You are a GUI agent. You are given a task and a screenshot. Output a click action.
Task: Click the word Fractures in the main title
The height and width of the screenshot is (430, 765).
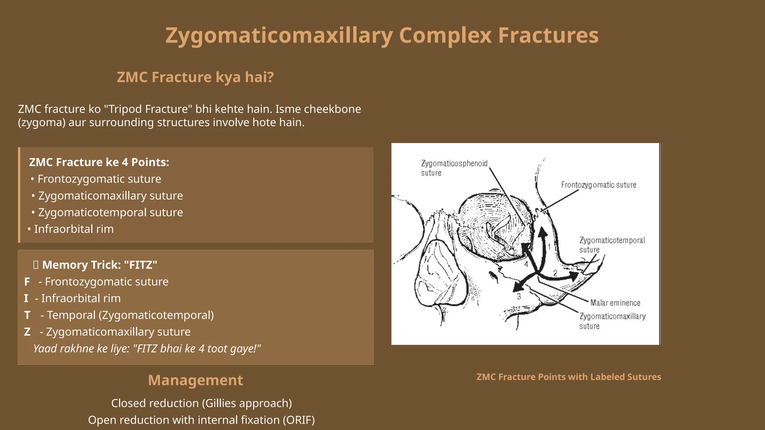click(548, 36)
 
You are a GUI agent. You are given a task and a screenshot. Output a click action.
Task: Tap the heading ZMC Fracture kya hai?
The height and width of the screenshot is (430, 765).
click(195, 77)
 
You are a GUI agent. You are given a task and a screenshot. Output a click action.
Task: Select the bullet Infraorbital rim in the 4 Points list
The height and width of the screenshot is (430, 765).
click(74, 229)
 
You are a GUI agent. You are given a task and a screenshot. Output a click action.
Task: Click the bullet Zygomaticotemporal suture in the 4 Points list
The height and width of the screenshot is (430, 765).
click(110, 212)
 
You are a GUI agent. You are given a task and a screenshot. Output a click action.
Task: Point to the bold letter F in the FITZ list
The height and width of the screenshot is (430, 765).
click(27, 282)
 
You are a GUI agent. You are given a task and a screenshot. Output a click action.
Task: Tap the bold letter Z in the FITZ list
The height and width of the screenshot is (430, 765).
click(27, 332)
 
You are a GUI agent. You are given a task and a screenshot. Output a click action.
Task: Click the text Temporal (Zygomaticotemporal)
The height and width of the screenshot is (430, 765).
click(130, 315)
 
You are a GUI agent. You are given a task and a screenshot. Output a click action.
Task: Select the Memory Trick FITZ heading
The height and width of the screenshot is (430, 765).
click(99, 265)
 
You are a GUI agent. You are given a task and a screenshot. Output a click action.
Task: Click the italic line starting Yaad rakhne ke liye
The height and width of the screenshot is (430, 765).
click(146, 349)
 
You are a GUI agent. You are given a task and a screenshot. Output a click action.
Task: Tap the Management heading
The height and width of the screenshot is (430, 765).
click(195, 380)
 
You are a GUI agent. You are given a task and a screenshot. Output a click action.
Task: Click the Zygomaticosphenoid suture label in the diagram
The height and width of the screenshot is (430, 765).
click(454, 168)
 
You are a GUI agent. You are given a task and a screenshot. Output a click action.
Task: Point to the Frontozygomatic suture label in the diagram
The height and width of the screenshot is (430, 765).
click(598, 185)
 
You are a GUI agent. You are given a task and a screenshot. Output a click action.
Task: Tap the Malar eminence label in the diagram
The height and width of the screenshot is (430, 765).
click(615, 303)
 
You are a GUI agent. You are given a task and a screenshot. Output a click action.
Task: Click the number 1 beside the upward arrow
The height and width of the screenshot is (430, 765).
click(549, 247)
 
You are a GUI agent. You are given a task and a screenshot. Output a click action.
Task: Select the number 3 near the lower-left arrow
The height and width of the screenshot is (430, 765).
click(519, 296)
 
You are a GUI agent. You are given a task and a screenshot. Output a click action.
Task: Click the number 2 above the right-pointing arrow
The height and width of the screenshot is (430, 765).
click(555, 273)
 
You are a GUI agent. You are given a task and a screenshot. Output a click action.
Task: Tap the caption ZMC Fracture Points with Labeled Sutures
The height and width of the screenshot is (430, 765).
click(569, 377)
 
